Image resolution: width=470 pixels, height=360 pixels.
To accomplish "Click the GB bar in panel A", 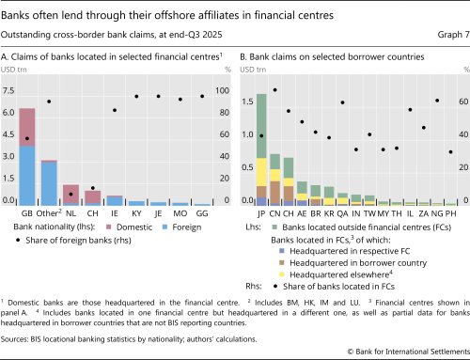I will [27, 156].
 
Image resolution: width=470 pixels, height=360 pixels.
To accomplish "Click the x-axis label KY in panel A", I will [136, 214].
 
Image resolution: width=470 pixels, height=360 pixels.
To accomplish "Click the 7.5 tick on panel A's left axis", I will [8, 91].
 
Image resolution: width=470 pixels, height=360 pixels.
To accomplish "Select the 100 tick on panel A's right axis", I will [222, 91].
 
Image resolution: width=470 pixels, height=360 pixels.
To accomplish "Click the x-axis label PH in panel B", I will [451, 214].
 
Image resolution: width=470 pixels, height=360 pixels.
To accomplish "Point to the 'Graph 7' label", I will [444, 39].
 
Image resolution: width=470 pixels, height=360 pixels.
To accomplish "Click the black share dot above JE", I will [158, 96].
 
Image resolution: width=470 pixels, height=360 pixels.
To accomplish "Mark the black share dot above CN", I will [274, 90].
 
